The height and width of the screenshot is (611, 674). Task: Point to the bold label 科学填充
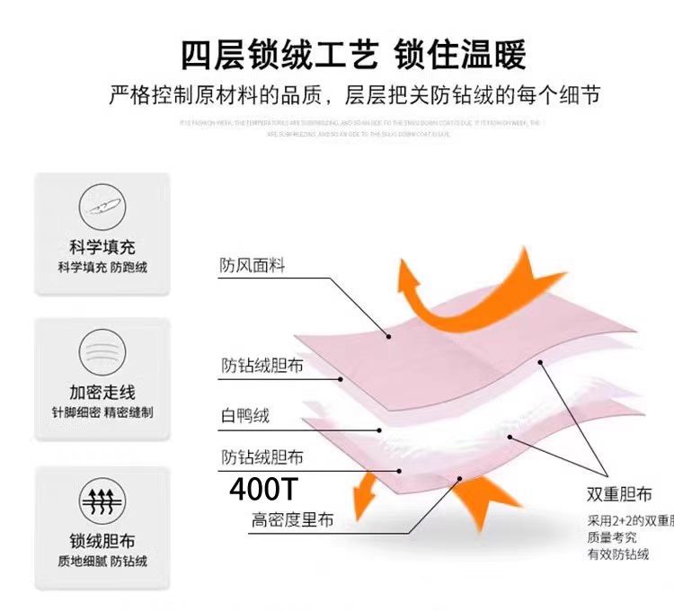(102, 246)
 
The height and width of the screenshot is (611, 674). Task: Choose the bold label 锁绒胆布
(102, 540)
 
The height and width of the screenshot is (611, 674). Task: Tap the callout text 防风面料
(252, 266)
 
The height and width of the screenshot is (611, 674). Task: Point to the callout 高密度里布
(292, 520)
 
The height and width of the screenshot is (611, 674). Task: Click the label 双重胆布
(620, 494)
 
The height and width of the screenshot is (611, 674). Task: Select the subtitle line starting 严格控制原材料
(353, 94)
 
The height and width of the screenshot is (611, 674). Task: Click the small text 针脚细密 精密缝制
(102, 412)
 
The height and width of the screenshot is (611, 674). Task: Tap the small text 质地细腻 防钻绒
(102, 561)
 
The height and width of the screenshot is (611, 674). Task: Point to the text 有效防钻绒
(618, 554)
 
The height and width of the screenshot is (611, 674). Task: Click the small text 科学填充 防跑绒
(102, 268)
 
